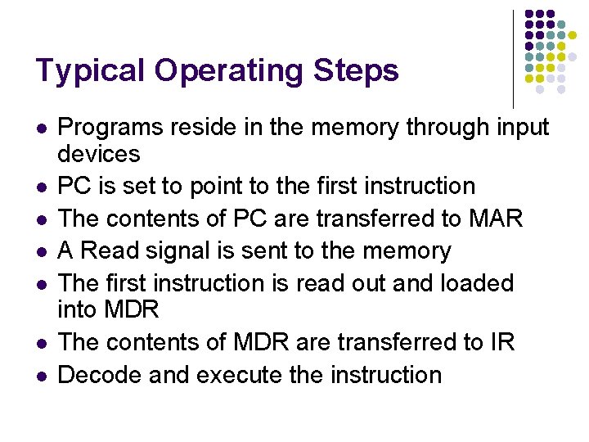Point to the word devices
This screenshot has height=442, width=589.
pos(99,153)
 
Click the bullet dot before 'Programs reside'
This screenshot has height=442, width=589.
pos(41,129)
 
